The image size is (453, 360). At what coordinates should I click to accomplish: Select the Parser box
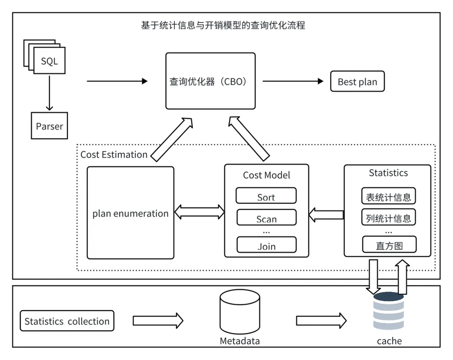coord(49,126)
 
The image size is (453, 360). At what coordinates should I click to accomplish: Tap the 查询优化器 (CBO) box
coord(210,81)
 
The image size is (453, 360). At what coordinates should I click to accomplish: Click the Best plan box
coord(357,81)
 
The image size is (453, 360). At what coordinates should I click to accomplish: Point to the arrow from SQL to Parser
coord(49,93)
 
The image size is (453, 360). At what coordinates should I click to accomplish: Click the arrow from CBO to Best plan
coord(293,81)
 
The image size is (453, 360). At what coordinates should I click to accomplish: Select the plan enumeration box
coord(130,213)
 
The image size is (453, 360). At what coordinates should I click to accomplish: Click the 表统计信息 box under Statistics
coord(388,196)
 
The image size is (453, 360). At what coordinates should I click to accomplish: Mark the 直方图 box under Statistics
coord(389,245)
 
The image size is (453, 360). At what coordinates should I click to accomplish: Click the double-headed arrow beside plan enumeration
coord(199,212)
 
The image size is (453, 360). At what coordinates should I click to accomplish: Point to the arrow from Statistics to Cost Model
coord(326,215)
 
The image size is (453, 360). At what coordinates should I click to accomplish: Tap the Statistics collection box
coord(67,321)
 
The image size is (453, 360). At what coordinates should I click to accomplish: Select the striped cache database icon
coord(388,311)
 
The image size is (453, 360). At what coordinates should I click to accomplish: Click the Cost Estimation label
coord(114,154)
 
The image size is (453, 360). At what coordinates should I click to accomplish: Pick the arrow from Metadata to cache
coord(321,321)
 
